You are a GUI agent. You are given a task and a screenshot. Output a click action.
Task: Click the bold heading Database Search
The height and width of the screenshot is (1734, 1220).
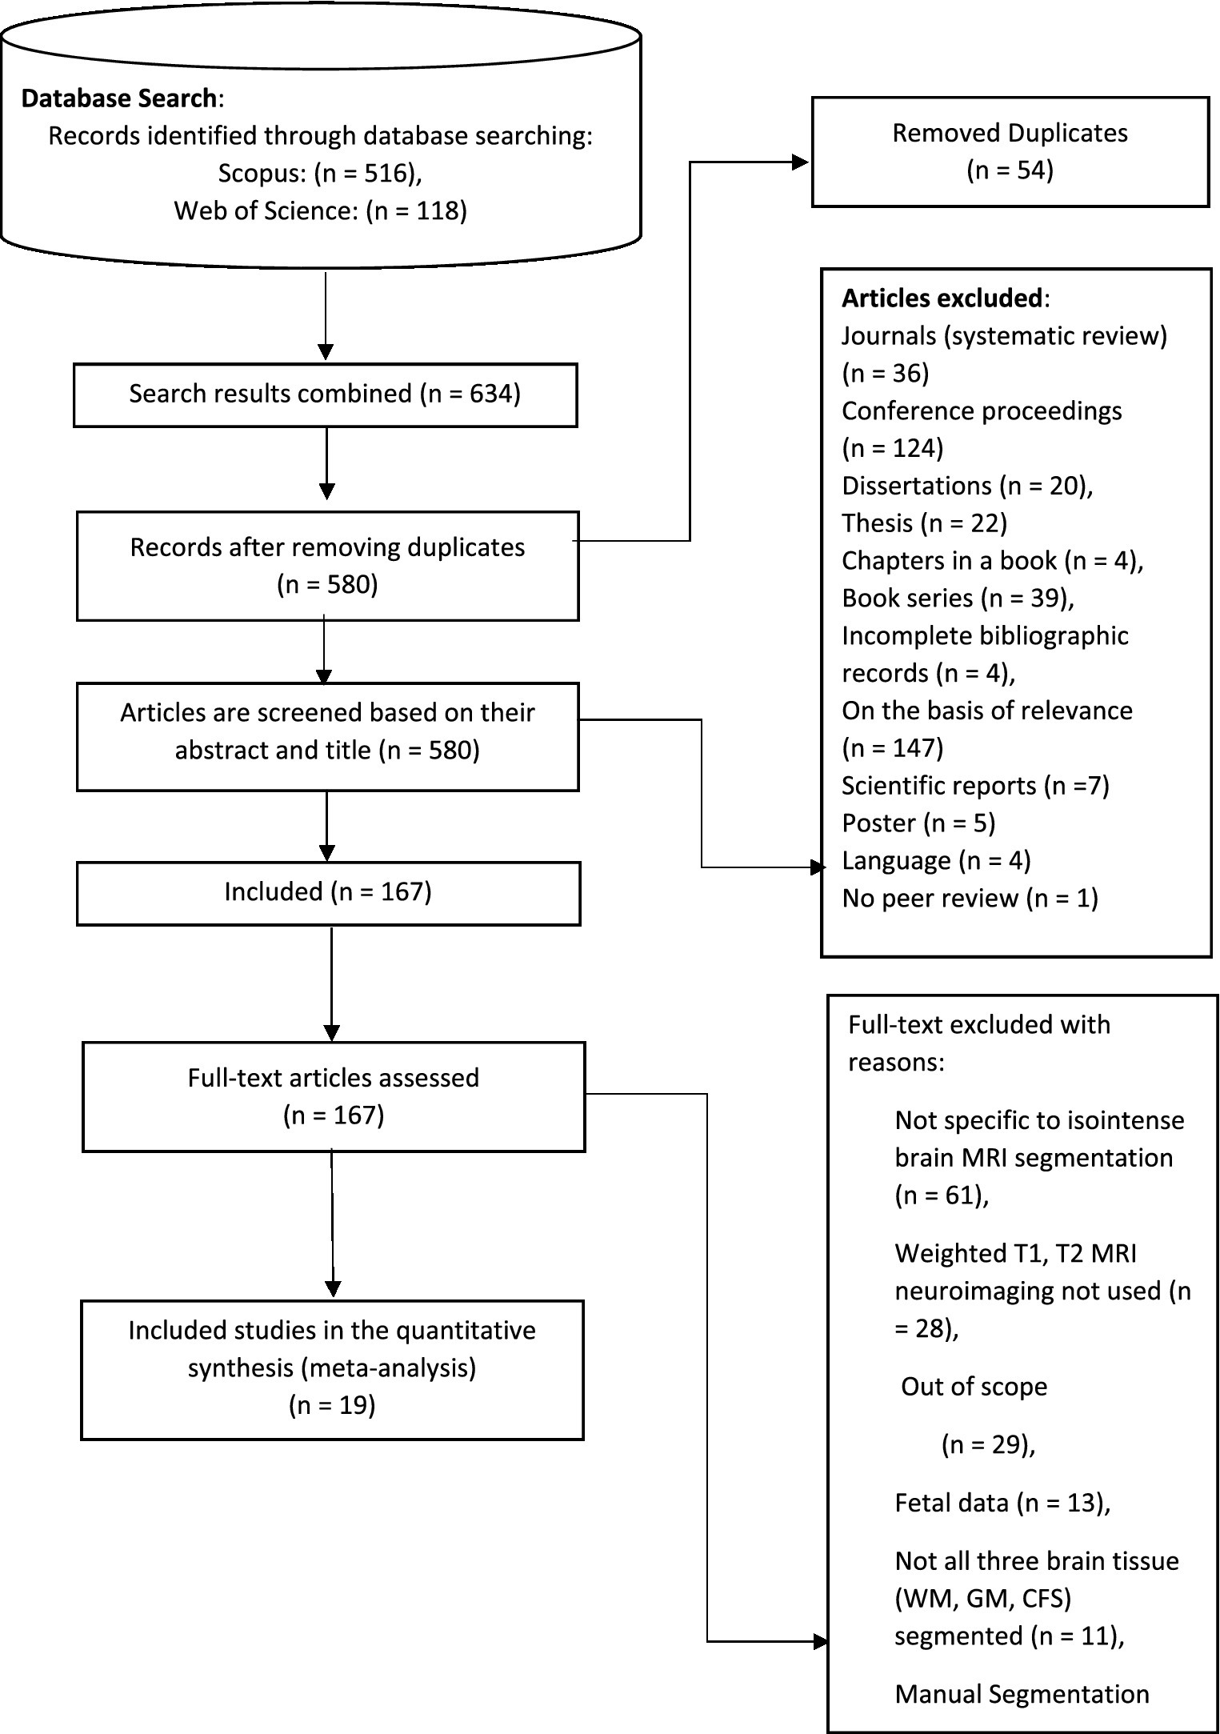118,98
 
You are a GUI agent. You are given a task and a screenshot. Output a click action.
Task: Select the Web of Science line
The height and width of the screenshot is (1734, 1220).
320,210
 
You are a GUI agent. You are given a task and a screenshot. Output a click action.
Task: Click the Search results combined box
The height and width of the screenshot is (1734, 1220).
325,394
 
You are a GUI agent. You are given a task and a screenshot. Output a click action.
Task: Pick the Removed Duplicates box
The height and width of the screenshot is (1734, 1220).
1010,152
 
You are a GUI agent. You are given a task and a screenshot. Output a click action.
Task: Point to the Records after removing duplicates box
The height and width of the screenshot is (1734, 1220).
327,566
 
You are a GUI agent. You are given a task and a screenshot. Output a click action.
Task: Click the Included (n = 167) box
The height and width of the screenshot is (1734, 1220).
328,892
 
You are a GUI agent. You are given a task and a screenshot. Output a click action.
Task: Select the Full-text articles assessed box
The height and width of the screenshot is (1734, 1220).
334,1095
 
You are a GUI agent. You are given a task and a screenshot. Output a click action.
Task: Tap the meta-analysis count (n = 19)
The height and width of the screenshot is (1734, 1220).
332,1406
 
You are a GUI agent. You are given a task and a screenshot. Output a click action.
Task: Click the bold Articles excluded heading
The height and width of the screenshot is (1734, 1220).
942,298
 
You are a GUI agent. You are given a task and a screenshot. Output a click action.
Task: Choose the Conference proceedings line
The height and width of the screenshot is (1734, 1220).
981,410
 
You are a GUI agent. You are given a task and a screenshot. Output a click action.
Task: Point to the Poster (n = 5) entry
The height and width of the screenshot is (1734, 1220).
918,823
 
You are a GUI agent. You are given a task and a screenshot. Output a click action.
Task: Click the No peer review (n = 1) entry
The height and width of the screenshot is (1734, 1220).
970,898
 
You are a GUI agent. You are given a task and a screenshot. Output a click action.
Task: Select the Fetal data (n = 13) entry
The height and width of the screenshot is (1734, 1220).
1002,1503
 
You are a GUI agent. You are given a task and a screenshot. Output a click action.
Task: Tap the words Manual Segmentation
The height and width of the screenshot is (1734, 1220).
1022,1694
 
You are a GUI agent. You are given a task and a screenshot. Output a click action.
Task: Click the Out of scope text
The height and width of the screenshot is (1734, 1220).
973,1386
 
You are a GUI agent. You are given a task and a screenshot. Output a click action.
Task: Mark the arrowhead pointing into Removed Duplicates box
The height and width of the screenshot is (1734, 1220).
801,162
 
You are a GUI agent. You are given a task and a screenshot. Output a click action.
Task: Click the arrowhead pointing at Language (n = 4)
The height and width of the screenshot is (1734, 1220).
817,867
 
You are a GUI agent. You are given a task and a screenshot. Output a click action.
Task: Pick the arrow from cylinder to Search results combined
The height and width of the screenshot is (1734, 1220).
326,316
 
